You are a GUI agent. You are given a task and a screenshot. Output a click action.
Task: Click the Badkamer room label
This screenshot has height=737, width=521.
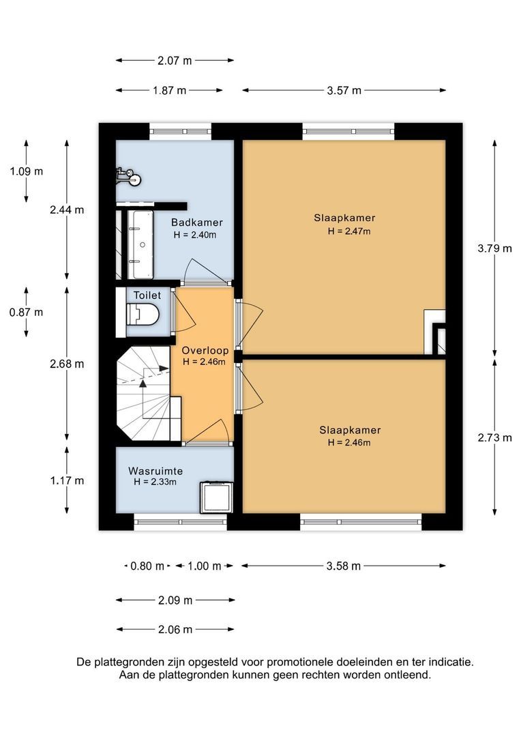pyautogui.click(x=196, y=222)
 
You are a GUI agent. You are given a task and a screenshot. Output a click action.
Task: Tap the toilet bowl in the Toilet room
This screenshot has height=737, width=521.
pyautogui.click(x=143, y=313)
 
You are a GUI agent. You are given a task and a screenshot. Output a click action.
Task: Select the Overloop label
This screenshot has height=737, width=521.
pyautogui.click(x=205, y=350)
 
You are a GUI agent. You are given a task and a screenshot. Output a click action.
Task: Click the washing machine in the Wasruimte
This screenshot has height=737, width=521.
pyautogui.click(x=217, y=497)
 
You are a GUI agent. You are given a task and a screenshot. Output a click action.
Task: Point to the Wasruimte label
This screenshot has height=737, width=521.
pyautogui.click(x=155, y=471)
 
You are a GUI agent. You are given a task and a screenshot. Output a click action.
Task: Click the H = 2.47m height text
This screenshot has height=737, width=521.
pyautogui.click(x=349, y=231)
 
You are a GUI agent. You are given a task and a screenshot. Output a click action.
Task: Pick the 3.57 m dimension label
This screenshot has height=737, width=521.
pyautogui.click(x=344, y=91)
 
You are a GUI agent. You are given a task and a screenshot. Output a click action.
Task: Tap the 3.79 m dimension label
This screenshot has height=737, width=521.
pyautogui.click(x=494, y=248)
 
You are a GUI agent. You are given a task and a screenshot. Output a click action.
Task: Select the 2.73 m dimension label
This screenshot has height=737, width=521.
pyautogui.click(x=494, y=437)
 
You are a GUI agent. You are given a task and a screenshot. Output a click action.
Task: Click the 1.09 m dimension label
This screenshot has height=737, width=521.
pyautogui.click(x=27, y=171)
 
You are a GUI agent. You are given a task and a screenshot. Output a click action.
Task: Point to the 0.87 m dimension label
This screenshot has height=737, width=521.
pyautogui.click(x=27, y=312)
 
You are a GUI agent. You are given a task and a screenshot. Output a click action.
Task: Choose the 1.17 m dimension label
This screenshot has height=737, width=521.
pyautogui.click(x=68, y=480)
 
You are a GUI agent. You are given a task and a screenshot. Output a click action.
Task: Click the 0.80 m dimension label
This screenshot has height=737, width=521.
pyautogui.click(x=147, y=566)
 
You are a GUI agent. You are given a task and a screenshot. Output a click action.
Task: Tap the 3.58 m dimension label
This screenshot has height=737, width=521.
pyautogui.click(x=344, y=566)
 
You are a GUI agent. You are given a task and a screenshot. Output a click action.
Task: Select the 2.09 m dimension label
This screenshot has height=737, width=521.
pyautogui.click(x=175, y=601)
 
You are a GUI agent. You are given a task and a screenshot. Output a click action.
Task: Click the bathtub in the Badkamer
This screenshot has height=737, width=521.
pyautogui.click(x=142, y=244)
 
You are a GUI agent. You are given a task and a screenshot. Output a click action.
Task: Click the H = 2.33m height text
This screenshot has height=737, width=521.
pyautogui.click(x=155, y=482)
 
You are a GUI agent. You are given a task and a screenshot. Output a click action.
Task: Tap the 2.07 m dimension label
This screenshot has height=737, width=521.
pyautogui.click(x=175, y=61)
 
